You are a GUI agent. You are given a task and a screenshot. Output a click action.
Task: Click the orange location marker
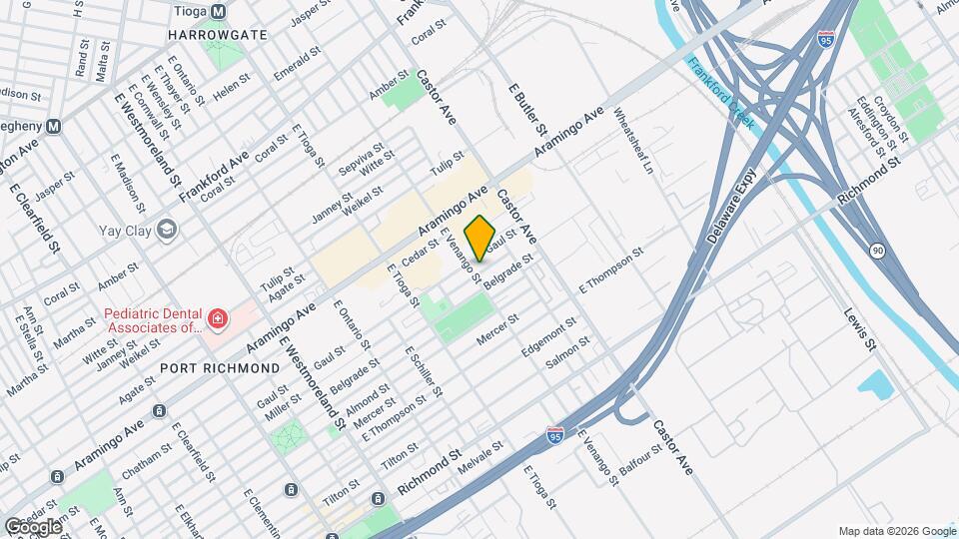(x=480, y=238)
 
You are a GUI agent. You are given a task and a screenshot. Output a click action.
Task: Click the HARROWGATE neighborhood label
(x=217, y=34)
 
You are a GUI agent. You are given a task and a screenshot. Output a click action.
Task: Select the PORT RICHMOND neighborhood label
(x=220, y=368)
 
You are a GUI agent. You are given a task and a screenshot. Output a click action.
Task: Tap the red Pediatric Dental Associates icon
(x=217, y=319)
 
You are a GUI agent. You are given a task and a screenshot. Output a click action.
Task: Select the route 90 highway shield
(x=876, y=250)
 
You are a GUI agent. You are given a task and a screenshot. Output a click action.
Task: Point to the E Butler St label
(x=528, y=109)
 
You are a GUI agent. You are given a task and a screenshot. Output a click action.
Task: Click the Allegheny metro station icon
(x=55, y=127)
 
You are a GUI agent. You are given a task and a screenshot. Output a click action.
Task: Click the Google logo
(x=33, y=526)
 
